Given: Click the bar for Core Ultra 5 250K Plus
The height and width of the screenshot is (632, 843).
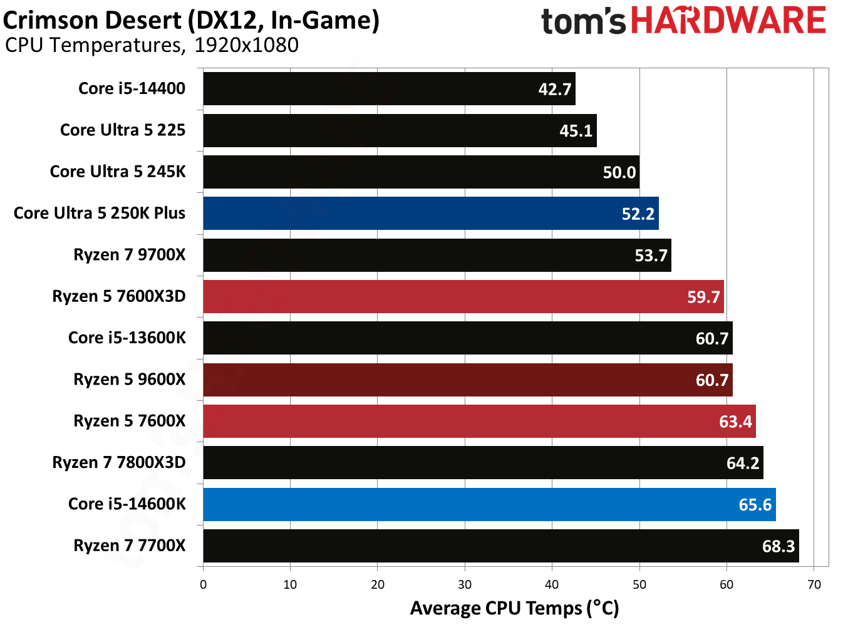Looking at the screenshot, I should (431, 213).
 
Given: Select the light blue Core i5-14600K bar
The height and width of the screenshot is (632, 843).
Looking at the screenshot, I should (489, 504).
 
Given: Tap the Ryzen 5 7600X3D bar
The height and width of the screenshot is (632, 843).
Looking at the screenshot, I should (463, 296).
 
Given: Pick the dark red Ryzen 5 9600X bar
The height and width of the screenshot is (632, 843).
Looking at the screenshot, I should (468, 380).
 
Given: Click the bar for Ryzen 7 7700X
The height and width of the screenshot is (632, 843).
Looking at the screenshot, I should (501, 546).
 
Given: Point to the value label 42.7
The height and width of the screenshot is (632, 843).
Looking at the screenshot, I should (555, 89).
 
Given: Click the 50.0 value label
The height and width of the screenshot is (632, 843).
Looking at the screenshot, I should (619, 172).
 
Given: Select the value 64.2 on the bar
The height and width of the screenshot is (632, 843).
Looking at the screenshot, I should (742, 463).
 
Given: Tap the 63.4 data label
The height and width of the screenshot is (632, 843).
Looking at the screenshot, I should (735, 422).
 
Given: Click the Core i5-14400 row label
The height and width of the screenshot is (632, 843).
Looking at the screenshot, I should (132, 88).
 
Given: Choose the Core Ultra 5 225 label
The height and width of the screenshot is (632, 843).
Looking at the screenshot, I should (123, 130).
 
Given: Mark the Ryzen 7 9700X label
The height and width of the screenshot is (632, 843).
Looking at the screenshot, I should (130, 254).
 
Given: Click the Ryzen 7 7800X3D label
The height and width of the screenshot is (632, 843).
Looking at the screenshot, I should (119, 462).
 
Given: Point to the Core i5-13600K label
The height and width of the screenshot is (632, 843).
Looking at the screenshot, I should (127, 338).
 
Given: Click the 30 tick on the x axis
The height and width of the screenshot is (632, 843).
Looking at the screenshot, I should (465, 584).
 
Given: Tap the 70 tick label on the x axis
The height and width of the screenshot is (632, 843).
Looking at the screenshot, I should (814, 584).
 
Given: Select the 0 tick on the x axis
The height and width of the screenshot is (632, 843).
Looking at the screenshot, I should (203, 584).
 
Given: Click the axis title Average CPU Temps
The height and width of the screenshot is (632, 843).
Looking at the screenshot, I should (514, 608).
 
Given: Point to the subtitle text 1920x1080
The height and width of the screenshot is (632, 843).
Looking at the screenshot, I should (246, 45).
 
